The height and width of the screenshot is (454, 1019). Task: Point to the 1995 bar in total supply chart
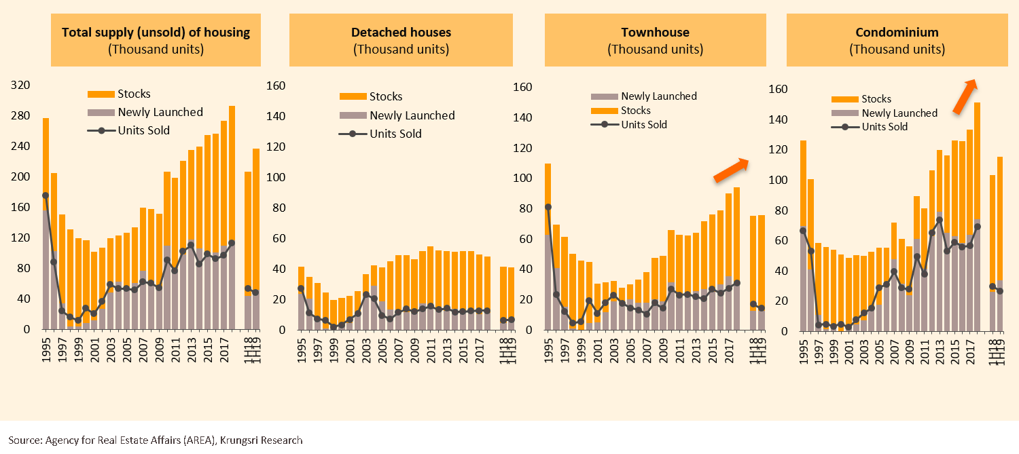pyautogui.click(x=46, y=224)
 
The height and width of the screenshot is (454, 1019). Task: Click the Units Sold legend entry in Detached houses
pyautogui.click(x=395, y=134)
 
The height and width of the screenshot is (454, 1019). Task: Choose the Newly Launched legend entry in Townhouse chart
pyautogui.click(x=658, y=96)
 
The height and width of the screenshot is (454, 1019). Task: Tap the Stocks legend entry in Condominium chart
pyautogui.click(x=876, y=99)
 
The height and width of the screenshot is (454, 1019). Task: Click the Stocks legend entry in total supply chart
pyautogui.click(x=134, y=94)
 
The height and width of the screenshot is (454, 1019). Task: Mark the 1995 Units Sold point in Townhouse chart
pyautogui.click(x=548, y=207)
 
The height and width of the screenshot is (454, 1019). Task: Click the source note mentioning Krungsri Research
pyautogui.click(x=156, y=440)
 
